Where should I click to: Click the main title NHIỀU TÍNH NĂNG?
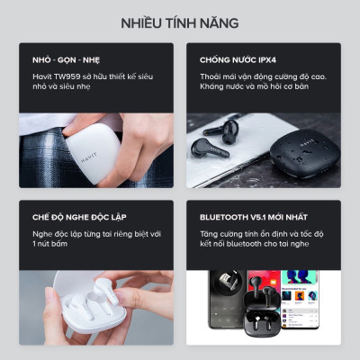[x=180, y=22]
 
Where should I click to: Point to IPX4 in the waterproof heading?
[x=266, y=62]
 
